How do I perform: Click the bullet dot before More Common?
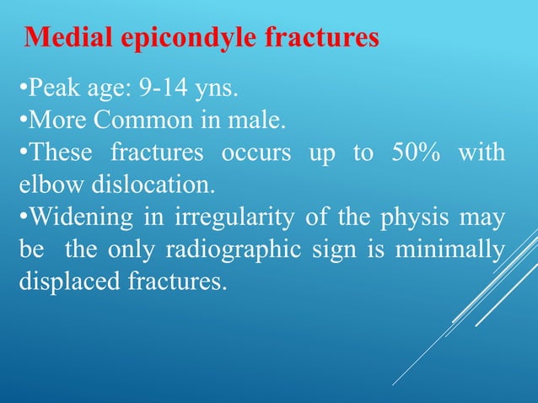[22, 121]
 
